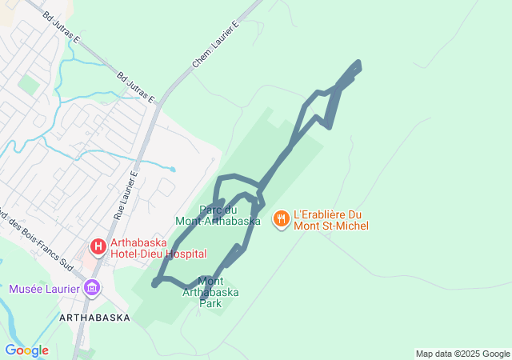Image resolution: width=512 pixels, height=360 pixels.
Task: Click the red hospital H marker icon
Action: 98,246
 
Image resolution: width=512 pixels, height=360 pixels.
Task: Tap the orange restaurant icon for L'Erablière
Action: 281,218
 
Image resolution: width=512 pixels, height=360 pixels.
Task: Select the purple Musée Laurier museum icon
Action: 92,288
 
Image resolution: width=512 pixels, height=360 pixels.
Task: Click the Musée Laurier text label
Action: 44,289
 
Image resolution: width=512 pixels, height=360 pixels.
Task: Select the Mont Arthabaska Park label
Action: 210,292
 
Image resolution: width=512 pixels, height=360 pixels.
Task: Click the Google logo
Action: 26,350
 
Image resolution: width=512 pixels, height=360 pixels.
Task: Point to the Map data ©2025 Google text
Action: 462,354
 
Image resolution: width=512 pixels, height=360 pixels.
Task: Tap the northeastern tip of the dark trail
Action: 357,64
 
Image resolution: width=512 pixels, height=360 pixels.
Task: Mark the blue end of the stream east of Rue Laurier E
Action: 173,170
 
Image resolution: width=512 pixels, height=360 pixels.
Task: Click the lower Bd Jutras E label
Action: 135,88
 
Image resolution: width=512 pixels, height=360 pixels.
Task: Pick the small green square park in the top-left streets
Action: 29,84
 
